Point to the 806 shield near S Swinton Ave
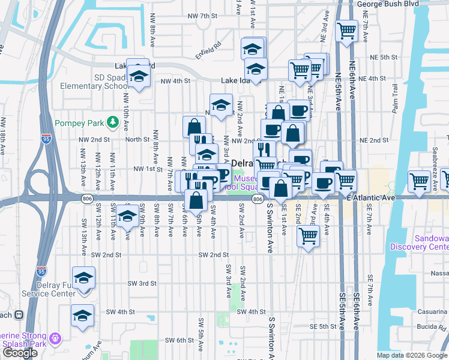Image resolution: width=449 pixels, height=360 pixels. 258,199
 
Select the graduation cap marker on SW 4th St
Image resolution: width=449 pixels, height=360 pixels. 82,314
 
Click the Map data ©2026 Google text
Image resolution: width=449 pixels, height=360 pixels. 411,355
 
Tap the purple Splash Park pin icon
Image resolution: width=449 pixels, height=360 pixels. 56,339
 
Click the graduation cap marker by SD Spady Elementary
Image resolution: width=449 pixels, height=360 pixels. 139,76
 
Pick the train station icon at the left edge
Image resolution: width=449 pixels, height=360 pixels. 18,314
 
